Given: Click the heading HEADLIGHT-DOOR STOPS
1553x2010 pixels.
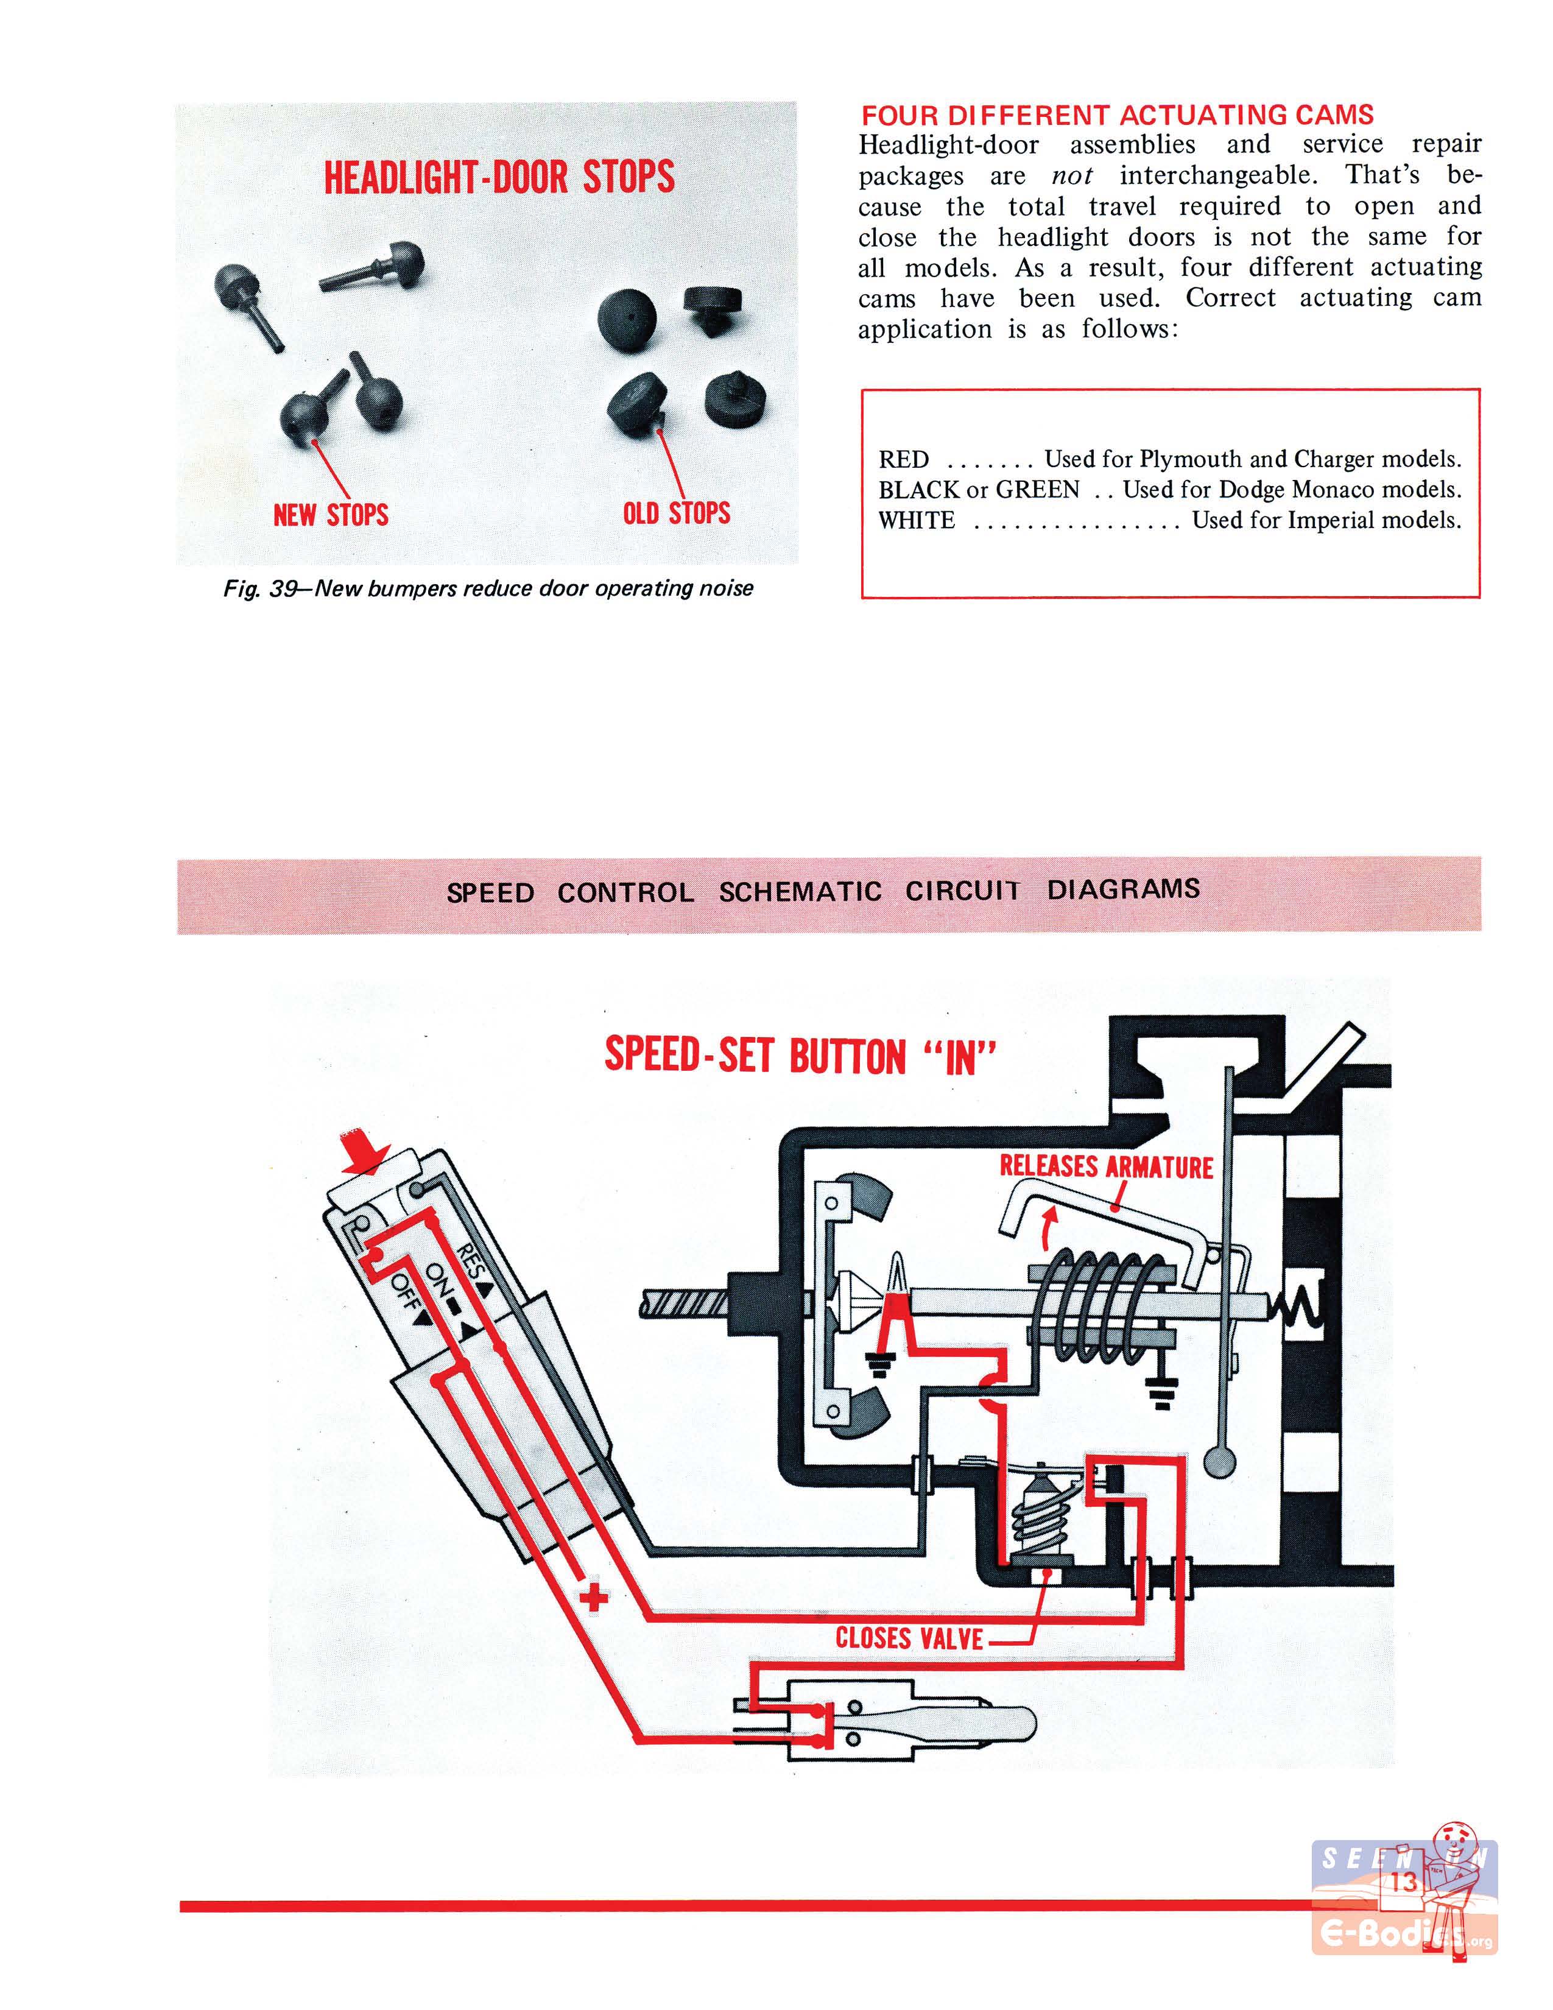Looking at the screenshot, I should [x=499, y=176].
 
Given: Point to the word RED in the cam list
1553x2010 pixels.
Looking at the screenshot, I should [x=903, y=459].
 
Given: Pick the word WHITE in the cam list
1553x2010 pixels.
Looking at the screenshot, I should [x=917, y=521].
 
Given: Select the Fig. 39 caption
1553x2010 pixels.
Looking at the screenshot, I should [x=488, y=588].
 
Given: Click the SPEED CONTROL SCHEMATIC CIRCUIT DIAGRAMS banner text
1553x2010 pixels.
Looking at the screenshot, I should [x=823, y=891].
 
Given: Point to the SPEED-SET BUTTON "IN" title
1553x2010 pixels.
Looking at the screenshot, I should [x=800, y=1056].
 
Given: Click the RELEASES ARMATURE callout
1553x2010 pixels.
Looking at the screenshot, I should [x=1106, y=1167].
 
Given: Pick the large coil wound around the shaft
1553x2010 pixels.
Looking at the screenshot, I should [x=1095, y=1300].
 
